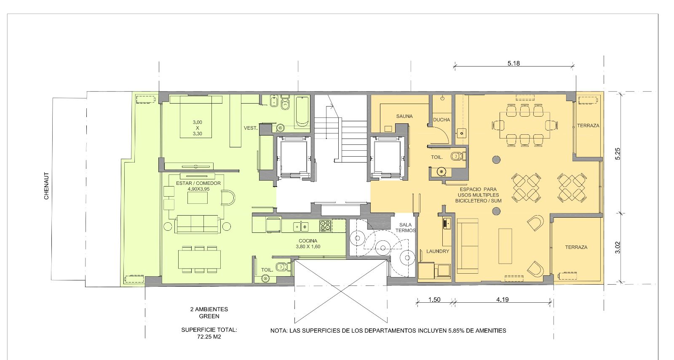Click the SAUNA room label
coord(404,116)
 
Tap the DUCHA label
coord(441,120)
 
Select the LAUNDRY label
coord(438,251)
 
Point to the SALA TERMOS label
coord(405,228)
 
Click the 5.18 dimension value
coord(514,63)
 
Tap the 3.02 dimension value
coord(618,248)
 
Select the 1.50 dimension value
coord(434,299)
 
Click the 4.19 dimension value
coord(503,299)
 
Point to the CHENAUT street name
coord(46,186)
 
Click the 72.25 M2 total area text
coord(209,337)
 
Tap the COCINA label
coord(308,241)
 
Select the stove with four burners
coord(325,226)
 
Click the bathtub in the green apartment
coord(302,111)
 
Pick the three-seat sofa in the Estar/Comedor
coord(198,224)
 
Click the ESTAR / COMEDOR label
coord(198,183)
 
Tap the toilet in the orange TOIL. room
coord(458,156)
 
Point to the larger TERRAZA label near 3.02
coord(576,247)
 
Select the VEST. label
coord(250,128)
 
